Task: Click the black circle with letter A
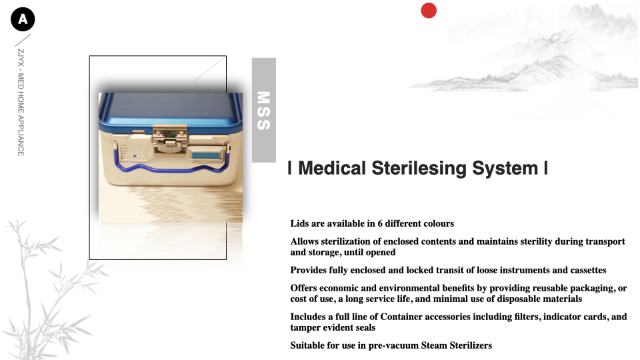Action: pyautogui.click(x=23, y=19)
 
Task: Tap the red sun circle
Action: pyautogui.click(x=429, y=11)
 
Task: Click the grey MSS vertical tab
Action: pyautogui.click(x=264, y=110)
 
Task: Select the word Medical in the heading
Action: pyautogui.click(x=332, y=168)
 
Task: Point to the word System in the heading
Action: pyautogui.click(x=505, y=169)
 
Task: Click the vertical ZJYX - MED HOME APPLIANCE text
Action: pyautogui.click(x=21, y=103)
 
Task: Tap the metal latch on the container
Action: pyautogui.click(x=170, y=138)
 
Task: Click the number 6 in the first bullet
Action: pyautogui.click(x=380, y=224)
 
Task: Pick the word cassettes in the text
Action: pyautogui.click(x=588, y=270)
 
